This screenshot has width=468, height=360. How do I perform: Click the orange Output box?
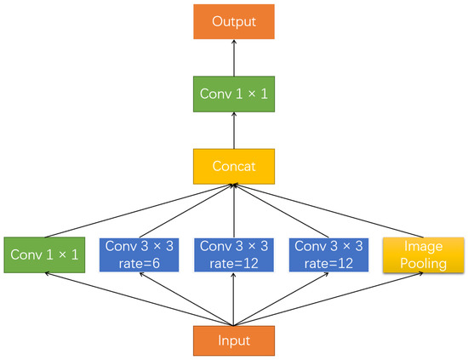(233, 20)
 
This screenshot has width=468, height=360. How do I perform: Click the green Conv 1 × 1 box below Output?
(233, 93)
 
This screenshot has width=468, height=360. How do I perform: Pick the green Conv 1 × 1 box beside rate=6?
(43, 254)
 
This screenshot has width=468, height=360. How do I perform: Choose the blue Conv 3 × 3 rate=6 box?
(139, 254)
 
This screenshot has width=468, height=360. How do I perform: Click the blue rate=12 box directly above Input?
(233, 254)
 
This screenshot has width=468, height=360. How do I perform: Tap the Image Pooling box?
(423, 254)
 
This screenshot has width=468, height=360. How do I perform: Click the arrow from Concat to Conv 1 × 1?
(233, 129)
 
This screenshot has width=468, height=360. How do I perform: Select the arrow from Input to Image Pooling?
(340, 299)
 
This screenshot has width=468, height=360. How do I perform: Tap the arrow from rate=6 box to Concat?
(186, 209)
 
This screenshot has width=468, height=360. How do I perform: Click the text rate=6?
(139, 263)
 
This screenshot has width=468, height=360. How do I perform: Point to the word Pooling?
(423, 264)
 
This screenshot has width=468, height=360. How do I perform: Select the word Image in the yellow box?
(423, 246)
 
